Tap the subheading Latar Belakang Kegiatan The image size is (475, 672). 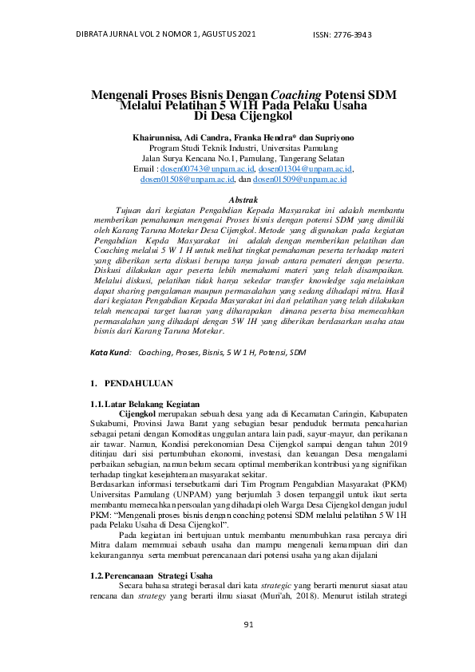coord(152,404)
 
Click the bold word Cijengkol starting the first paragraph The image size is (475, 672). coord(137,413)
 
